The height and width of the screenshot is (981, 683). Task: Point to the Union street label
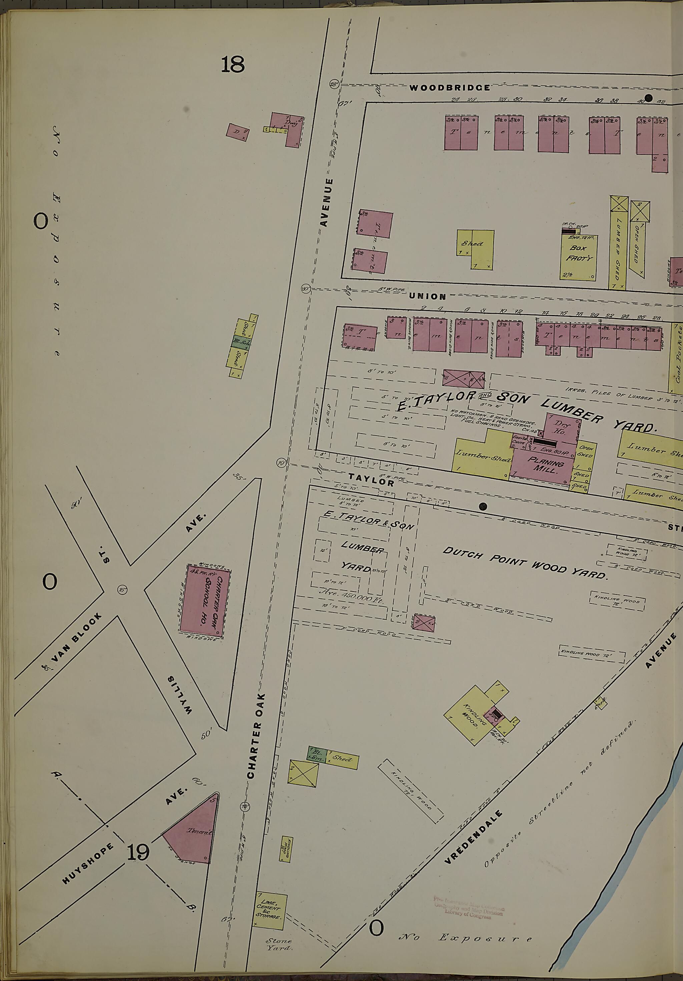pos(427,296)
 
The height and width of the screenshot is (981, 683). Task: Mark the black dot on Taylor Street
pos(483,507)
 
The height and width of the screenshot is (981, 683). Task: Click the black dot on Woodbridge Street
pos(648,98)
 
